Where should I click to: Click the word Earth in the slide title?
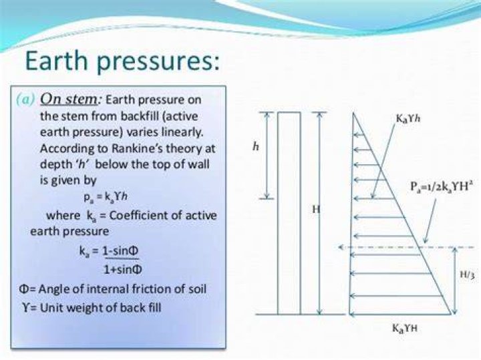pos(57,60)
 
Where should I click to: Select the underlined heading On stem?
pos(69,99)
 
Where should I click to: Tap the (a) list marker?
pos(26,99)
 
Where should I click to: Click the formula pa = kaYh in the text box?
pos(106,196)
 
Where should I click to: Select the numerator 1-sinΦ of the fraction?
pos(120,251)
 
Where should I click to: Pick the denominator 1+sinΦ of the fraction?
pos(122,270)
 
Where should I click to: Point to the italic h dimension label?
pos(255,147)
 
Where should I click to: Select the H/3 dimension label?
pos(468,275)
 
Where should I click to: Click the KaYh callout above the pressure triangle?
pos(408,118)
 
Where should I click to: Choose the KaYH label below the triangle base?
pos(405,329)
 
